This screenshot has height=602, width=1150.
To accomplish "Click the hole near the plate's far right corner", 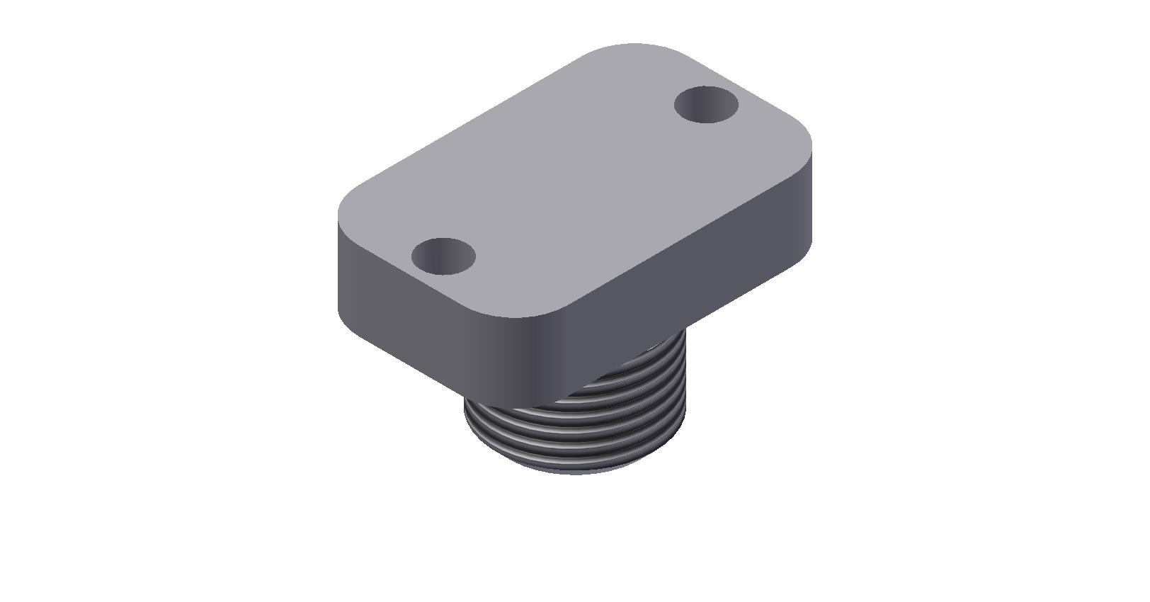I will pyautogui.click(x=706, y=105).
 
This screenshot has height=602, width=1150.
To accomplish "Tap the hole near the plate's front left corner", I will pyautogui.click(x=443, y=256).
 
